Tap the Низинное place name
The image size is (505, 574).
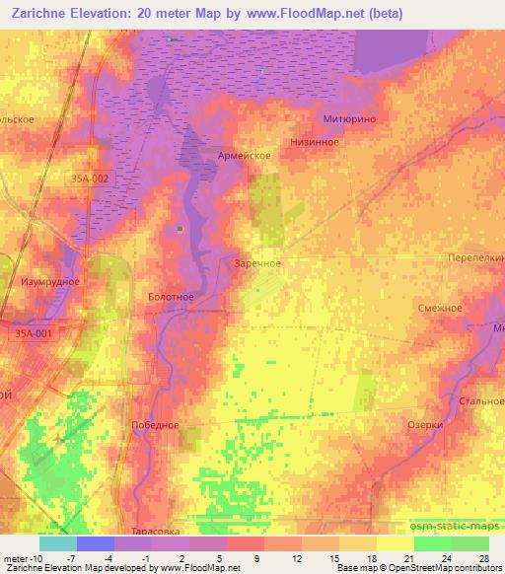pos(315,142)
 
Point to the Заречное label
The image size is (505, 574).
pos(258,264)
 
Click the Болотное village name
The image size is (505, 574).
pos(170,297)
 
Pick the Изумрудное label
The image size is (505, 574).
pos(50,281)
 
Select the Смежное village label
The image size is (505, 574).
pos(440,308)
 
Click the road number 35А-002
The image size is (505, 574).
pos(90,178)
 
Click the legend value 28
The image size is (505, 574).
pos(483,557)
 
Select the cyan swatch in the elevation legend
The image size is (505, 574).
pos(57,543)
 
